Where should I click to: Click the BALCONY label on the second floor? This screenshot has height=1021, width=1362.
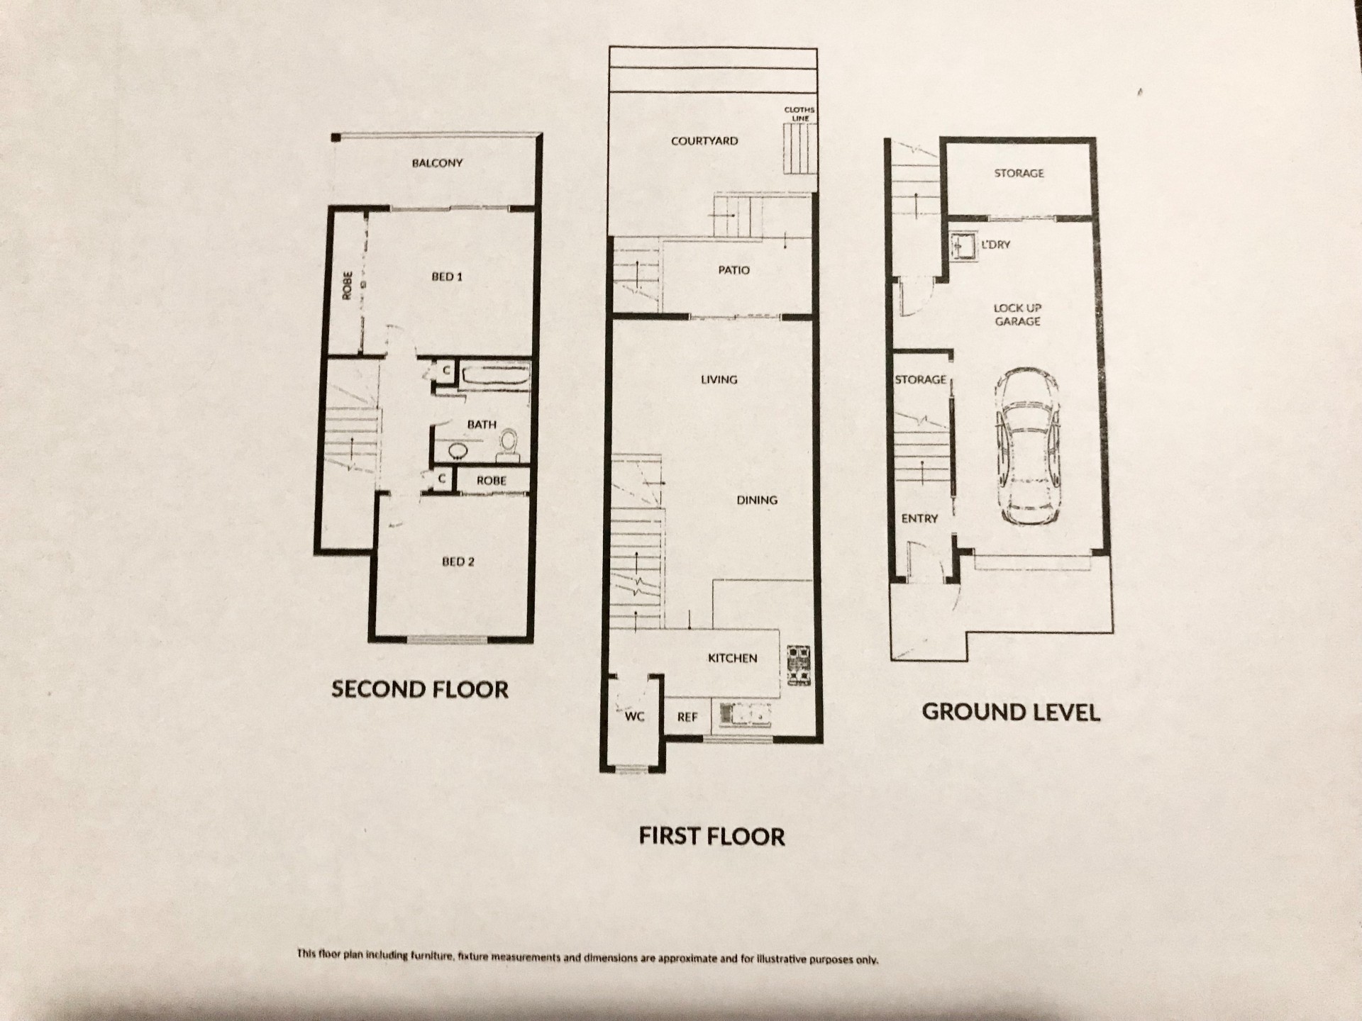[x=437, y=163]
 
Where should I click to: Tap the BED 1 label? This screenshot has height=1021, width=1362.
[x=447, y=277]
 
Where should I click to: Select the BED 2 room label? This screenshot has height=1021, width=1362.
[x=458, y=562]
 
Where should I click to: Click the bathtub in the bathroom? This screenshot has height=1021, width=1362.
[x=494, y=376]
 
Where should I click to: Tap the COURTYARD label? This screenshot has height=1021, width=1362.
[x=704, y=141]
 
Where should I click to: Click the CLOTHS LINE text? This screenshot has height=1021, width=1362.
[x=799, y=113]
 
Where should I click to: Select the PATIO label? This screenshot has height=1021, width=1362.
[x=733, y=270]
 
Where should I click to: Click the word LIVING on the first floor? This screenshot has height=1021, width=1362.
[x=719, y=379]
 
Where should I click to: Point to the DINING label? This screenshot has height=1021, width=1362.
[x=757, y=500]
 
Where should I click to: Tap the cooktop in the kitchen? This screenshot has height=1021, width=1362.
[x=799, y=664]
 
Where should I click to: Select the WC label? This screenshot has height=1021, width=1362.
[x=634, y=717]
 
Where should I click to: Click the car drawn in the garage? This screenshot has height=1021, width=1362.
[x=1026, y=446]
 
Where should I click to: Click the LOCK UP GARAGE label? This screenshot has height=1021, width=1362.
[x=1017, y=315]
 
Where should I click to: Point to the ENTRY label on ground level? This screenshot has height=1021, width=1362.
[x=919, y=519]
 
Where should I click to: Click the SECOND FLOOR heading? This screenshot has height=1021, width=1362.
[x=420, y=689]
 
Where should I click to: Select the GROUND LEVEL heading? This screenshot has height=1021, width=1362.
[x=1011, y=712]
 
